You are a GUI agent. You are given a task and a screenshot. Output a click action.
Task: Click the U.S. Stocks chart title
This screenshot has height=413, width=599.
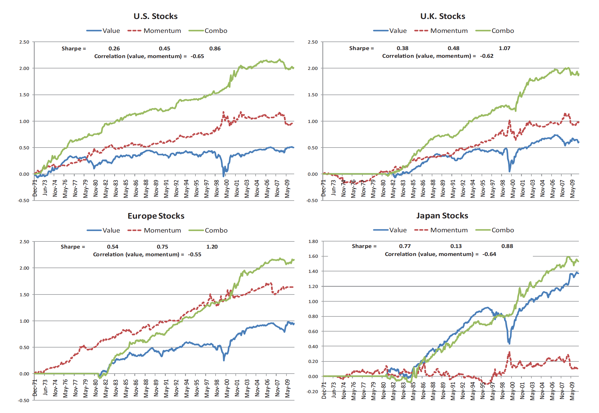[x=155, y=16]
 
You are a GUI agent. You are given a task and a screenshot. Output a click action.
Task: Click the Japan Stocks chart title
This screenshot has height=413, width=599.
[x=442, y=216]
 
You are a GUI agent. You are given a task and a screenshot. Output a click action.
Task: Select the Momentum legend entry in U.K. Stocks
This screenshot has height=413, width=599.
[x=449, y=31]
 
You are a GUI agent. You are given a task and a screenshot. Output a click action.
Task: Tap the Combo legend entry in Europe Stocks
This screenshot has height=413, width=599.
[x=216, y=230]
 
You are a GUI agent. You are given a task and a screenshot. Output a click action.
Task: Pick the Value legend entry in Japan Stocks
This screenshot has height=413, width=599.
[x=398, y=230]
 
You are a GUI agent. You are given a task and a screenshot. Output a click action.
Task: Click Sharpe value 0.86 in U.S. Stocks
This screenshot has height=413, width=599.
[x=215, y=49]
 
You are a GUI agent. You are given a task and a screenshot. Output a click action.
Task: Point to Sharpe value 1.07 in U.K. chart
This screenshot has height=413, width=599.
[x=504, y=48]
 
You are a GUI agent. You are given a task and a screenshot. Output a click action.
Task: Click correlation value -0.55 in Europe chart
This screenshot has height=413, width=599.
[x=195, y=254]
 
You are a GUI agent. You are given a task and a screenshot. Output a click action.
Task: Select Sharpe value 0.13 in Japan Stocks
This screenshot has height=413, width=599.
[x=456, y=246]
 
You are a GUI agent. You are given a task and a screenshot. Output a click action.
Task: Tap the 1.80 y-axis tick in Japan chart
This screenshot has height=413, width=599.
[x=313, y=241]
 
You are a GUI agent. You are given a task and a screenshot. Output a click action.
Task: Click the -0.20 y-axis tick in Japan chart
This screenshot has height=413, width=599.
[x=313, y=392]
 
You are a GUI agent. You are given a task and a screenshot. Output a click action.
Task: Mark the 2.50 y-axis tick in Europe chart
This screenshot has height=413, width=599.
[x=24, y=242]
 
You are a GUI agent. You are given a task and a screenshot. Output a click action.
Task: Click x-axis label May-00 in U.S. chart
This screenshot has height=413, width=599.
[x=227, y=189]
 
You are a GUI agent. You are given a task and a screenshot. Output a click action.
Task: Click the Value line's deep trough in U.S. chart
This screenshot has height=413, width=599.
[x=224, y=176]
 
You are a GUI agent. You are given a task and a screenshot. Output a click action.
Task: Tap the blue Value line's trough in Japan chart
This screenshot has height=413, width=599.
[x=509, y=343]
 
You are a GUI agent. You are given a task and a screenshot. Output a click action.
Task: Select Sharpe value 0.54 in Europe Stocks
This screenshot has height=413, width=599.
[x=112, y=247]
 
